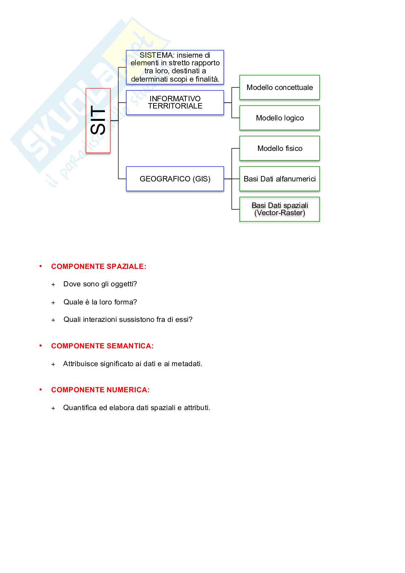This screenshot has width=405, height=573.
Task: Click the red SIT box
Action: pyautogui.click(x=98, y=120)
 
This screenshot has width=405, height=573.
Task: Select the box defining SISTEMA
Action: pyautogui.click(x=175, y=67)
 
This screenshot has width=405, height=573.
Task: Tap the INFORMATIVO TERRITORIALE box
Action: pyautogui.click(x=175, y=102)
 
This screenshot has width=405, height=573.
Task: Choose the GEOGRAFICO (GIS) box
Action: pyautogui.click(x=175, y=179)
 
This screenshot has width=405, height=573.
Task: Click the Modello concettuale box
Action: pyautogui.click(x=279, y=87)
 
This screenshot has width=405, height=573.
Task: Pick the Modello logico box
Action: pyautogui.click(x=279, y=118)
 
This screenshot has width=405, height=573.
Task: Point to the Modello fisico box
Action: pyautogui.click(x=279, y=148)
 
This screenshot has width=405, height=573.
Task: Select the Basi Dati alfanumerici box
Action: pyautogui.click(x=279, y=179)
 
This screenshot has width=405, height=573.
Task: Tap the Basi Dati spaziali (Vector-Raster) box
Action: pyautogui.click(x=279, y=209)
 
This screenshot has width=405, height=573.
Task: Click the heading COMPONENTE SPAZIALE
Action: pyautogui.click(x=99, y=266)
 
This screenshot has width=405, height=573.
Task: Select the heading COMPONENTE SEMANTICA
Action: pyautogui.click(x=102, y=346)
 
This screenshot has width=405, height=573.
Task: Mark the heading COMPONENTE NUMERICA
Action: pyautogui.click(x=100, y=390)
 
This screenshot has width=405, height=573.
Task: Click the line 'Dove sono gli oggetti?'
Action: pyautogui.click(x=100, y=284)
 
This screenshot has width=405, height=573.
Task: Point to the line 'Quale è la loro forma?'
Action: pyautogui.click(x=100, y=302)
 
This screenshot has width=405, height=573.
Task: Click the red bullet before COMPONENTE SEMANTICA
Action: pyautogui.click(x=41, y=345)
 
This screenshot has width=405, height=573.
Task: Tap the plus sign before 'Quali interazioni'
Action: pyautogui.click(x=53, y=320)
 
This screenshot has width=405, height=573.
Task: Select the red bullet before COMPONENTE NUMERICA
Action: pyautogui.click(x=41, y=389)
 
